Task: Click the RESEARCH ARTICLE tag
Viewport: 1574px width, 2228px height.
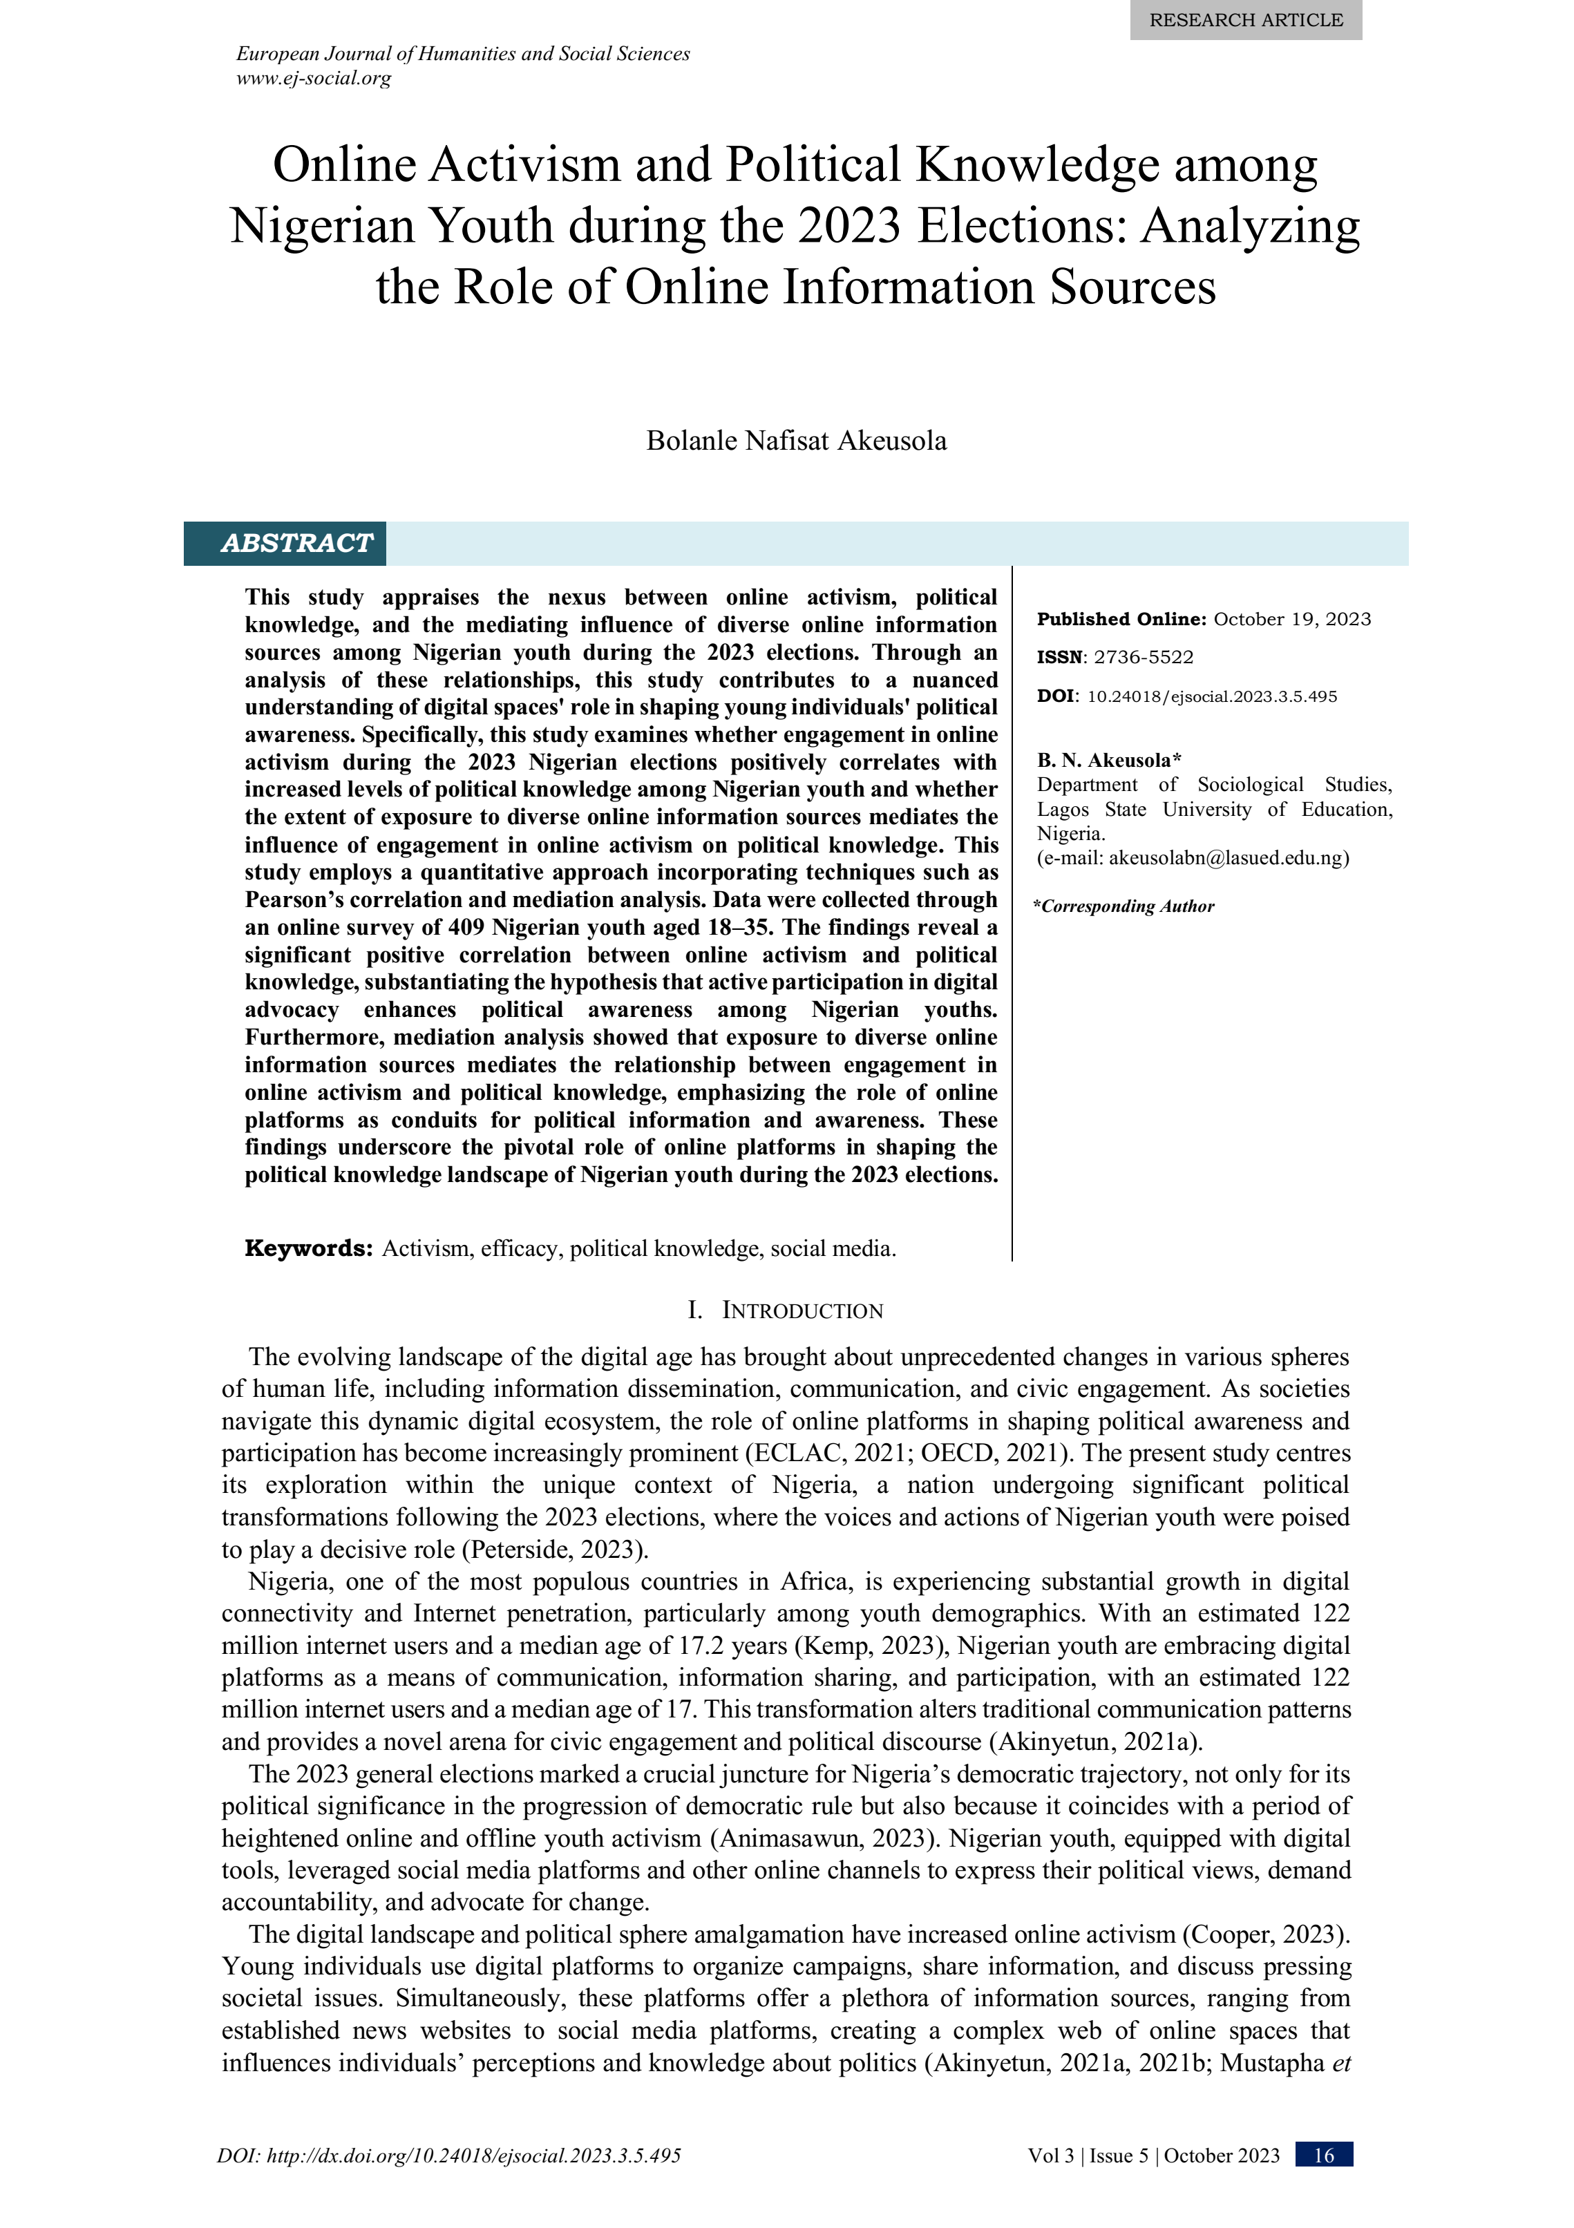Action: (1245, 19)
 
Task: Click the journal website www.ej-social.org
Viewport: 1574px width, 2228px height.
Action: (314, 79)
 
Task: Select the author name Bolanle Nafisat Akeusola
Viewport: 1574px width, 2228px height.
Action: (796, 441)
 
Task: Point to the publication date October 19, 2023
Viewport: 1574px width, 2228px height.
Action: (1291, 619)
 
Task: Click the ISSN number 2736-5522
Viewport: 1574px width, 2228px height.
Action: (1143, 657)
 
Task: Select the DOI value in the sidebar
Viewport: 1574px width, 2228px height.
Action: (1211, 697)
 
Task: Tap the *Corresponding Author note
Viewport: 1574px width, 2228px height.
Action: (1123, 906)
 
